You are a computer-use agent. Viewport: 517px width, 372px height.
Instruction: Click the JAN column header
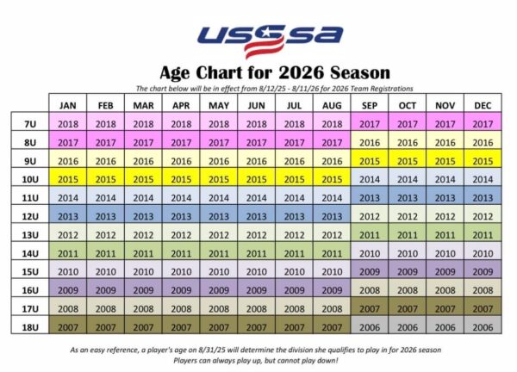(67, 105)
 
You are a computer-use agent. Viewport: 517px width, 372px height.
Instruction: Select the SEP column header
(369, 105)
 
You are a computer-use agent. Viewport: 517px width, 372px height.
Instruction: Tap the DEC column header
(483, 105)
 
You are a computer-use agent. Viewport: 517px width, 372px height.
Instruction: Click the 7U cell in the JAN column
(67, 124)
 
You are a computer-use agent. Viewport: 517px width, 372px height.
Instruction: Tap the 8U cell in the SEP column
(369, 142)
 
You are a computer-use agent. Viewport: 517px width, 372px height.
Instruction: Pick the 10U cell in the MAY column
(219, 179)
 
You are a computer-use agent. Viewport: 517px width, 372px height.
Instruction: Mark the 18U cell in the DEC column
(483, 327)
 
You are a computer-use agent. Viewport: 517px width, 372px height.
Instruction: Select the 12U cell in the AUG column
(332, 216)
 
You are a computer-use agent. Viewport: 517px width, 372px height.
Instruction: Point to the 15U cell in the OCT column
(407, 272)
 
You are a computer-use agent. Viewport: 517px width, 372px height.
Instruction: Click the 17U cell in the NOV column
(445, 309)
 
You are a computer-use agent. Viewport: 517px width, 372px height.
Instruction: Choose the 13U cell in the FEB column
(105, 235)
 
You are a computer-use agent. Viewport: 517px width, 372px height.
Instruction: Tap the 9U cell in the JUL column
(294, 161)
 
